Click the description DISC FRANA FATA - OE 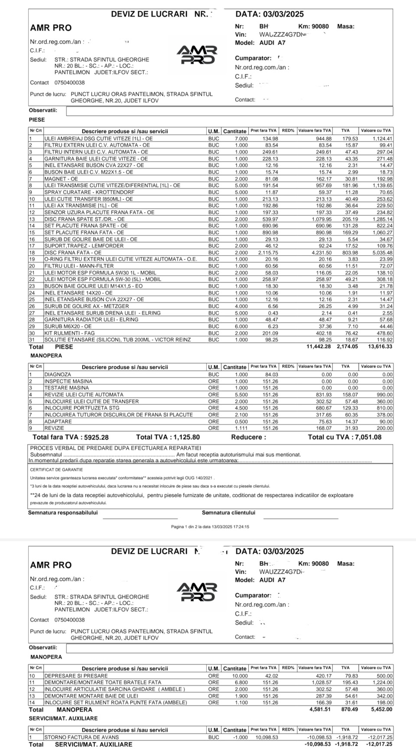click(73, 253)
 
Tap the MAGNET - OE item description click(61, 179)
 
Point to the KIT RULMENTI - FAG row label click(69, 333)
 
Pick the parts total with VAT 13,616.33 click(379, 347)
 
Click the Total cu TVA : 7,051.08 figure click(344, 437)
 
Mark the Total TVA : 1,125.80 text click(168, 437)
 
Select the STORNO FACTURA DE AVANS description click(81, 737)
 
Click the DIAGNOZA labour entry click(58, 375)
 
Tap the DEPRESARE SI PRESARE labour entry click(76, 676)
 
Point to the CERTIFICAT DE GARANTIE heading click(56, 470)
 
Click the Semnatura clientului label click(228, 512)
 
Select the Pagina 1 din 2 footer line click(210, 527)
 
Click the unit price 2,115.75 click(268, 253)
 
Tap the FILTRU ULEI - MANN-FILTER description click(73, 266)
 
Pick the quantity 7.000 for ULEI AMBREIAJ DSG click(241, 139)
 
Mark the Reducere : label click(248, 437)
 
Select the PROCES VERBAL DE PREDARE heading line click(116, 448)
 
